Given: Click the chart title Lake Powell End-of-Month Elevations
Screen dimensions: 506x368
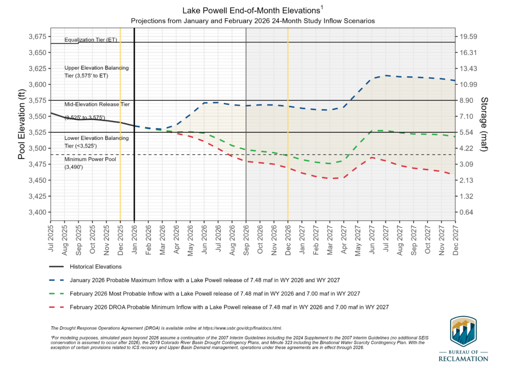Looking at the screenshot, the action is [251, 10].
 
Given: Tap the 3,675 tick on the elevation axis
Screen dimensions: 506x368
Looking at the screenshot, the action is [38, 37].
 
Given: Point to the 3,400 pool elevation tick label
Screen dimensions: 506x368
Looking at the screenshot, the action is [38, 212].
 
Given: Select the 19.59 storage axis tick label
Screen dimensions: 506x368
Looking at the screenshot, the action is [468, 37].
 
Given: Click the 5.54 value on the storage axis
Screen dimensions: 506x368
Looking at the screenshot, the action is [466, 132].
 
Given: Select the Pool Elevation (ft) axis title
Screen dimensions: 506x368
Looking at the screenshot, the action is [21, 124].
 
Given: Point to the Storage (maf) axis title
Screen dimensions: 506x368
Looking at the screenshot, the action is [484, 124].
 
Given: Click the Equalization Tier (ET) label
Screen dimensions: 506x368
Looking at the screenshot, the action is [91, 40].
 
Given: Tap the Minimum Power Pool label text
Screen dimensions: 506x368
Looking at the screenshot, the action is [90, 159].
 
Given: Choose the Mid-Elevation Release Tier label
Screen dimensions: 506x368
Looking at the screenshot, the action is [97, 104].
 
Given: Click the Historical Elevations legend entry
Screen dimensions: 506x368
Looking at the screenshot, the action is [95, 267].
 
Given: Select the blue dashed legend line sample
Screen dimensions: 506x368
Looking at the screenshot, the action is [56, 280].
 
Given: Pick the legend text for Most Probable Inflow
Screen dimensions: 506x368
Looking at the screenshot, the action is [214, 294].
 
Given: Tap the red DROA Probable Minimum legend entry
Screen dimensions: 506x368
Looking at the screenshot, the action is [229, 307].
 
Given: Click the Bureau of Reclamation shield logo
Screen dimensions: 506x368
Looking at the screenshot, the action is [463, 331].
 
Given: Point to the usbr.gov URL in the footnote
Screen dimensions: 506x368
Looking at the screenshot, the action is [242, 328].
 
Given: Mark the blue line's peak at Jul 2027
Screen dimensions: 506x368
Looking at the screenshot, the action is [385, 76].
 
